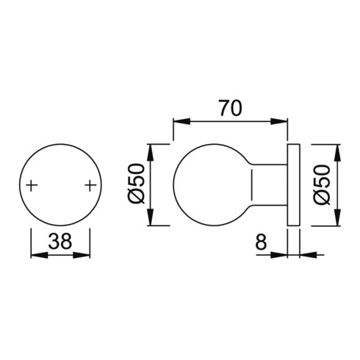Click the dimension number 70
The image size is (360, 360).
click(231, 108)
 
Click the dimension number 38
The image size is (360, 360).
click(60, 241)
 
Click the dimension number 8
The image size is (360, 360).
click(261, 241)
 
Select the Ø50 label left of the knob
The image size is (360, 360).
click(137, 184)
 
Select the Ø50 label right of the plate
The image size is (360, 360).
click(323, 185)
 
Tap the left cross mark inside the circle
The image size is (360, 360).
click(32, 186)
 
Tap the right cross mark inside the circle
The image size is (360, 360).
click(90, 186)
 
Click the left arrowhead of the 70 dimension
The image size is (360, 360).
click(181, 121)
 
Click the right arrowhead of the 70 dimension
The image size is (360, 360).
click(279, 121)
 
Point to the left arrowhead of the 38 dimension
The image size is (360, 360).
click(39, 255)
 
